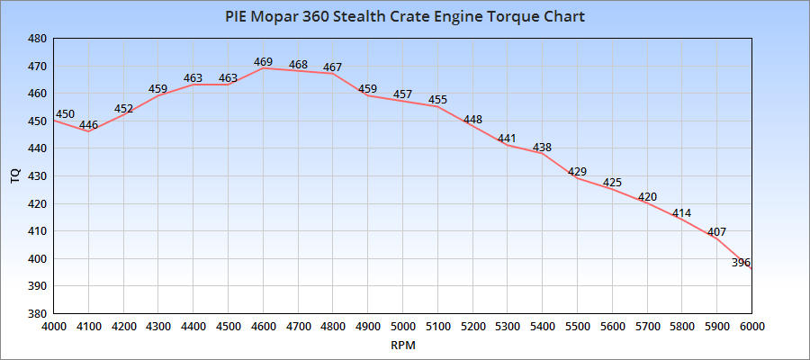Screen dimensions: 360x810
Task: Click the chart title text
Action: pos(404,17)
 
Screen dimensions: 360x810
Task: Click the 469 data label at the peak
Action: pos(263,62)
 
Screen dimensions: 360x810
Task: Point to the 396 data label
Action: pos(742,262)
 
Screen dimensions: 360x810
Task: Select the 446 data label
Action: pos(88,125)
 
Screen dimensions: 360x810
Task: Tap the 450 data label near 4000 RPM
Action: pos(65,114)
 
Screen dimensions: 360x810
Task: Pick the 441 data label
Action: pos(508,139)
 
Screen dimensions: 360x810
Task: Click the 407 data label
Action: pos(717,232)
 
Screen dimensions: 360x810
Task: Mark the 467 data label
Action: pos(333,67)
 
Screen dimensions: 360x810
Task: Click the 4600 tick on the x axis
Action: pos(263,327)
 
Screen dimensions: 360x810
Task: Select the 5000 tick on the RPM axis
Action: pos(402,327)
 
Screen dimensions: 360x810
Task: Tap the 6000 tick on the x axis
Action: pos(751,327)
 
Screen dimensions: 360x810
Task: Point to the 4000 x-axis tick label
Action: pos(53,327)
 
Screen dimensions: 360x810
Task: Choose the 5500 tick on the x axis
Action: pos(577,327)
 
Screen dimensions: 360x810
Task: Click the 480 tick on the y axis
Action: pos(37,39)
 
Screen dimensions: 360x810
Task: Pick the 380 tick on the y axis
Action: pos(37,313)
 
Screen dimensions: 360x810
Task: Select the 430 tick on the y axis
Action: pos(37,176)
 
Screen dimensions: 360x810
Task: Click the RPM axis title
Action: pos(402,345)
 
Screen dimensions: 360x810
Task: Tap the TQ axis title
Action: pos(14,176)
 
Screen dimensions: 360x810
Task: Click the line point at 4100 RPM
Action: pos(88,131)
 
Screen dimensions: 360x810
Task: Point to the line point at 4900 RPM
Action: pos(368,95)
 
